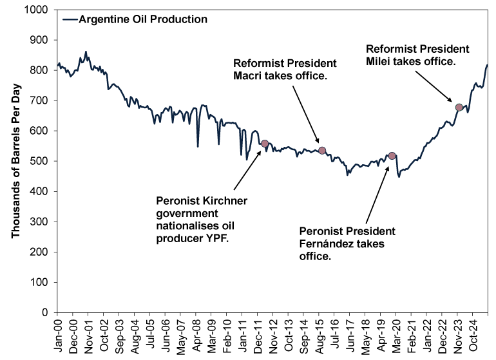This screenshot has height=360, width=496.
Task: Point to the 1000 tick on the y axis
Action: [41, 10]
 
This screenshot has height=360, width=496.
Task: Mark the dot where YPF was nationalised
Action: [264, 144]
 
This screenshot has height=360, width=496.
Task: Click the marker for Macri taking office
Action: [322, 151]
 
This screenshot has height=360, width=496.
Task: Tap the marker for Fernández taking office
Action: [392, 156]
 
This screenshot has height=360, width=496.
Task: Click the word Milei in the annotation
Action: [378, 62]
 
